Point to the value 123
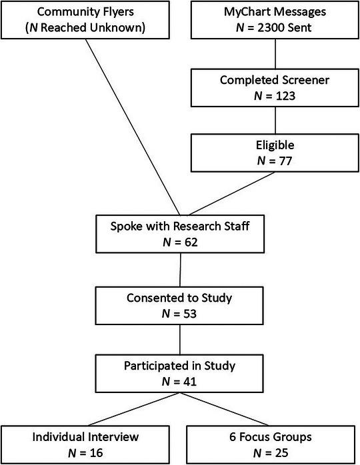click(x=279, y=95)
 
